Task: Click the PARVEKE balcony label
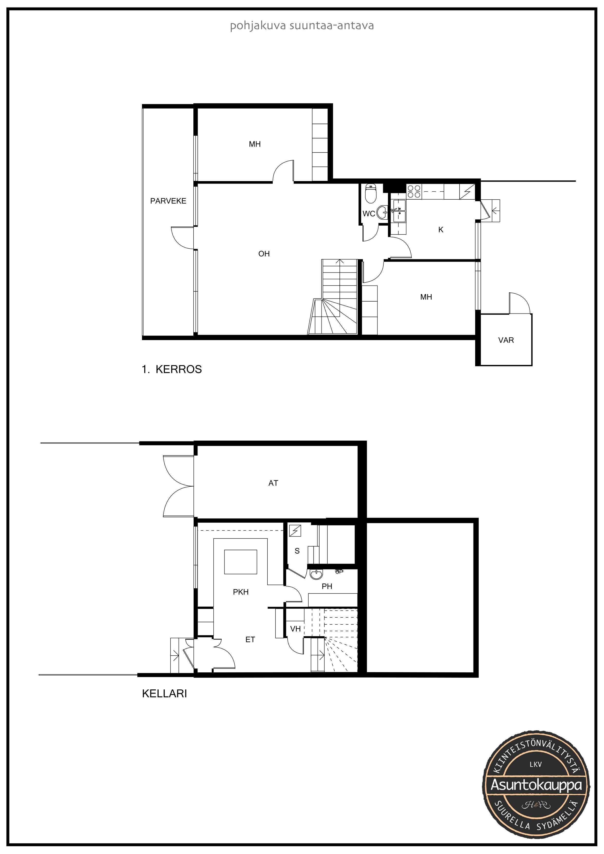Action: pos(168,201)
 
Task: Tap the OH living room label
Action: pos(264,254)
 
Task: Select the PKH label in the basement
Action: pos(241,592)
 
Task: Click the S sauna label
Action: pos(297,551)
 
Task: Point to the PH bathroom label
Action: pos(327,586)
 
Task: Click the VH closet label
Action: pos(295,629)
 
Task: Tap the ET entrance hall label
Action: pos(250,639)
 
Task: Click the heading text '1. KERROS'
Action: pos(172,369)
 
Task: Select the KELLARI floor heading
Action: pos(164,694)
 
